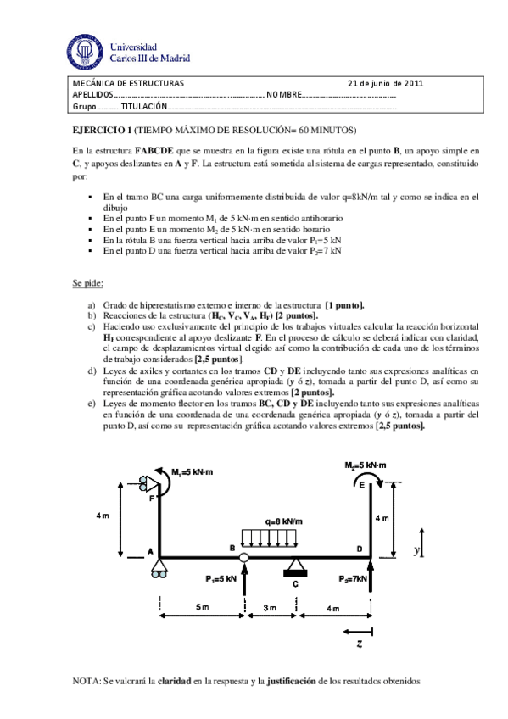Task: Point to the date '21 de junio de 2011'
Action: click(x=386, y=83)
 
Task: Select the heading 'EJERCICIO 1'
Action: click(x=101, y=130)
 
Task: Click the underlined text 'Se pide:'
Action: click(x=87, y=284)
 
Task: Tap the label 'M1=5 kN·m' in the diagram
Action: click(x=192, y=471)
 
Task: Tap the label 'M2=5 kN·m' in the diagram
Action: click(x=366, y=465)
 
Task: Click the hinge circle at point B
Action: click(x=244, y=557)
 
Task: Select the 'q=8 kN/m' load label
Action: click(x=283, y=521)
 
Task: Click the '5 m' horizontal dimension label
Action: click(x=201, y=608)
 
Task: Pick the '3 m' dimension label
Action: click(x=270, y=608)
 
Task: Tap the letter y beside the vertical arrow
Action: click(x=416, y=551)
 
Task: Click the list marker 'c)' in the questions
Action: click(x=92, y=326)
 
